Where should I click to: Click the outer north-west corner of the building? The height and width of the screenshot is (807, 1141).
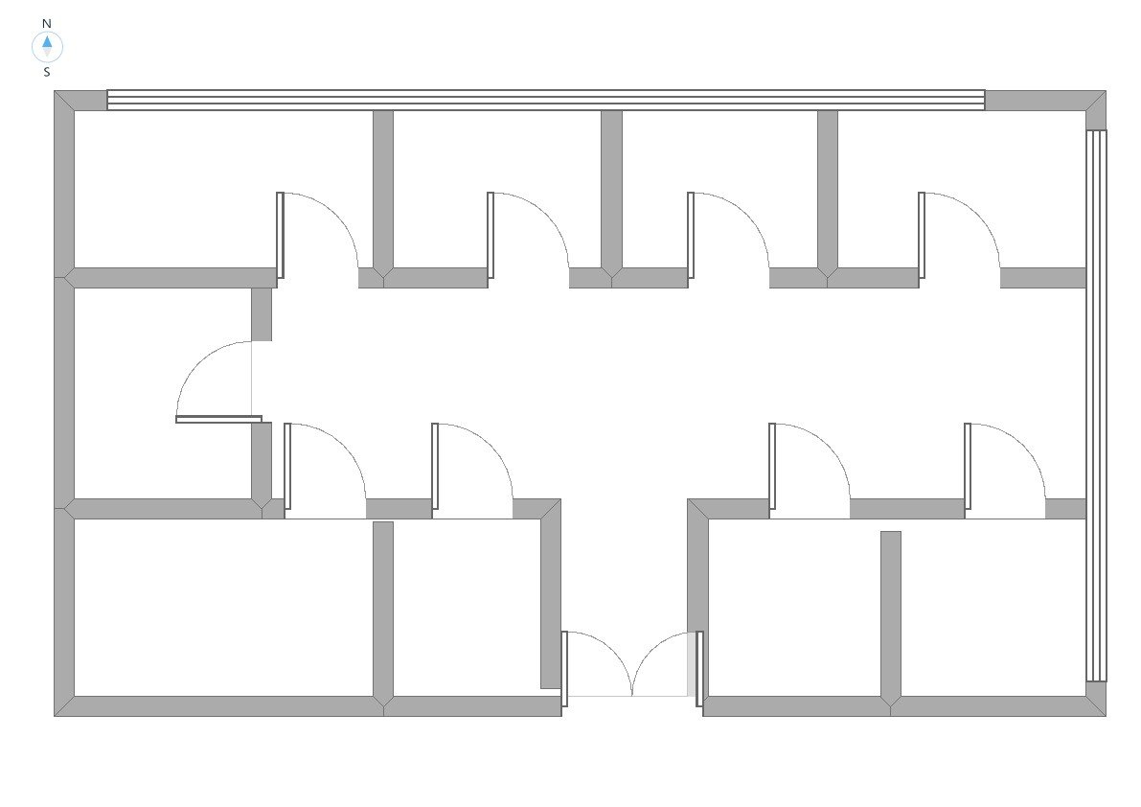pos(55,91)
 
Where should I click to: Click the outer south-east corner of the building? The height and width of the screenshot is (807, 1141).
pos(1107,716)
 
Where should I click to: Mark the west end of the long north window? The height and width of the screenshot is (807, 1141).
pos(107,101)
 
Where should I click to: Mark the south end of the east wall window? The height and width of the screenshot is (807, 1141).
pos(1097,681)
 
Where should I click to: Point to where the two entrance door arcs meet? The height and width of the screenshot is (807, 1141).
pos(631,695)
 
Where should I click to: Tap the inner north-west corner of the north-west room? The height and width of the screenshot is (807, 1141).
pos(74,110)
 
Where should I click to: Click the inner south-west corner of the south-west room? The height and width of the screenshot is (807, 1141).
pos(74,697)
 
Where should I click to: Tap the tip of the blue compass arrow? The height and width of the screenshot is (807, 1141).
pos(47,35)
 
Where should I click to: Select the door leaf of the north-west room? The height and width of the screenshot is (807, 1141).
pos(280,235)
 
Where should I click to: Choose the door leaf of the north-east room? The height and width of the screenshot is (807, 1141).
pos(922,235)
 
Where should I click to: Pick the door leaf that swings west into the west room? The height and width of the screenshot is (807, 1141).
pos(219,419)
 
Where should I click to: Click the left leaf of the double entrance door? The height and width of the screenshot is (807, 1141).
pos(564,669)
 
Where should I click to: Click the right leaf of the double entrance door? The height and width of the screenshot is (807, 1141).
pos(699,669)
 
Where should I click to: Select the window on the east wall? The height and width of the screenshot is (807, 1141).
pos(1097,406)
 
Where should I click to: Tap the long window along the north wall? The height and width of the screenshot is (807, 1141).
pos(546,101)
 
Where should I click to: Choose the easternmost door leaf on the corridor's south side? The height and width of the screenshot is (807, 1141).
pos(968,467)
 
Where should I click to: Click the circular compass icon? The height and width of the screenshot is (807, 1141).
pos(47,47)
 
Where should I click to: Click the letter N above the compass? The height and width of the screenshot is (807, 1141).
pos(47,23)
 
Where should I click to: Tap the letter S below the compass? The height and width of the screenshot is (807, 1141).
pos(47,72)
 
